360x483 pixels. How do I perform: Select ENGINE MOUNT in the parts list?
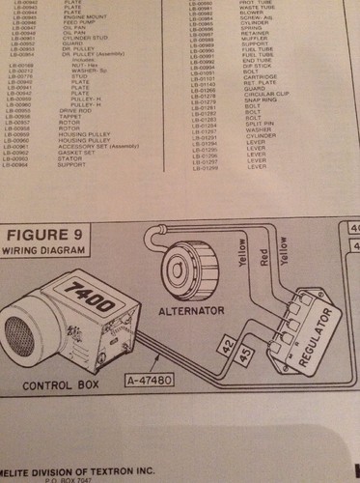coord(84,18)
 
